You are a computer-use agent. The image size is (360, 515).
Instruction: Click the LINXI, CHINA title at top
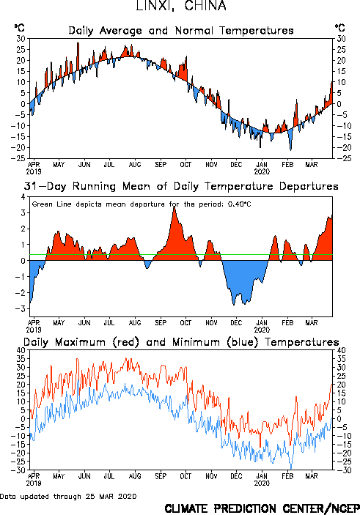click(181, 6)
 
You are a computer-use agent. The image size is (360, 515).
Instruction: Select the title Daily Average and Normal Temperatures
click(181, 31)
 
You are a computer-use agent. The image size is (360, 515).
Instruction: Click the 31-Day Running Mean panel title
click(181, 186)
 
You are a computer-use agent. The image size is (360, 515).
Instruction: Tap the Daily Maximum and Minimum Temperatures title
click(181, 342)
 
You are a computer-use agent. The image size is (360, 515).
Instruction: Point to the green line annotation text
click(142, 204)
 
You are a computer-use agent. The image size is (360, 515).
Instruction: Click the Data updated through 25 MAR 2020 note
click(68, 496)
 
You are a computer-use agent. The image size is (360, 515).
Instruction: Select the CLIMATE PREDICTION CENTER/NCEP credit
click(262, 508)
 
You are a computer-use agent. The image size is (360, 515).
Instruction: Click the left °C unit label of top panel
click(19, 28)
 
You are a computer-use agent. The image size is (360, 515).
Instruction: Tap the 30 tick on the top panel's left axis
click(21, 39)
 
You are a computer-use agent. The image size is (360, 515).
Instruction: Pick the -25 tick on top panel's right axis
click(343, 158)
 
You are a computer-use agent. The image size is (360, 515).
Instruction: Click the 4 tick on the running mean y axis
click(23, 197)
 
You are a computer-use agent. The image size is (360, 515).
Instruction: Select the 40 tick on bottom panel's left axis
click(21, 350)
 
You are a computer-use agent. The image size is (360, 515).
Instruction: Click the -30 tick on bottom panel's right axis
click(343, 470)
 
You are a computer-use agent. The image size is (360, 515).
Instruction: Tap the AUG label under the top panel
click(135, 165)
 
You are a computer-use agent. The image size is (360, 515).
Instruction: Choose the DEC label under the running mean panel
click(236, 323)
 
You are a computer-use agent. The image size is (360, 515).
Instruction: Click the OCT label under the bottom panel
click(185, 476)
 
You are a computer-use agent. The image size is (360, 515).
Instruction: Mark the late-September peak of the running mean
click(175, 207)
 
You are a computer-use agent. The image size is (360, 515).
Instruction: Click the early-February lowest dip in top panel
click(290, 149)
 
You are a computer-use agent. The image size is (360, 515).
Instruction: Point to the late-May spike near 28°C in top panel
click(78, 42)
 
